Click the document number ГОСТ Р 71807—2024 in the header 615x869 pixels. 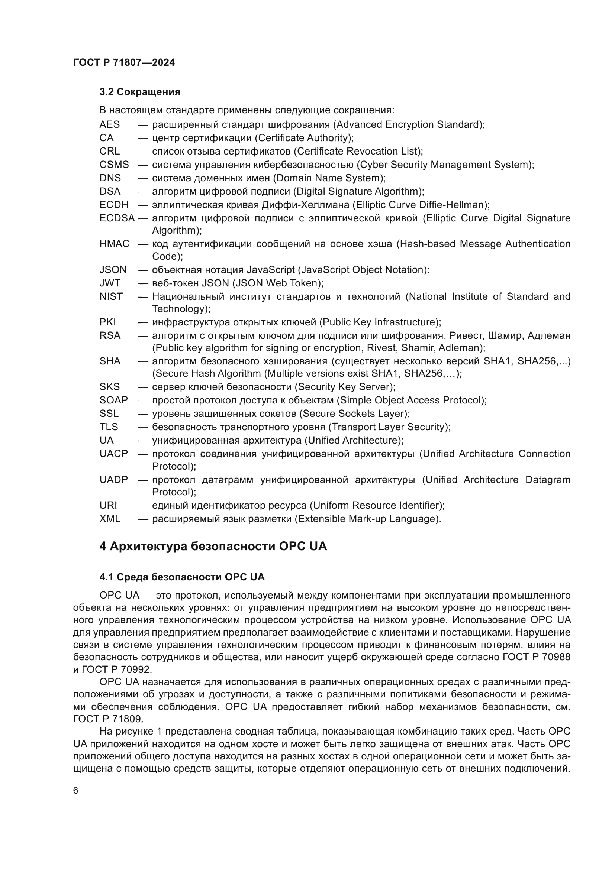pos(124,62)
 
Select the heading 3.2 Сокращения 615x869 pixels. pos(140,92)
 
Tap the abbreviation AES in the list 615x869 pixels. pos(109,124)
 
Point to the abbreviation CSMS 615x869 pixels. pos(114,165)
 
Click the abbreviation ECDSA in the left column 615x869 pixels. pos(117,218)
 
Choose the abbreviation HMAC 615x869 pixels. pos(115,244)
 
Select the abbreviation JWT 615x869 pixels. pos(110,283)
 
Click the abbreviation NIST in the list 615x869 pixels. pos(111,296)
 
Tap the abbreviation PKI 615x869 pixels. pos(107,322)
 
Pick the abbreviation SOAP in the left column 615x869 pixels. pos(114,400)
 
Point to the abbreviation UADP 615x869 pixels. pos(114,480)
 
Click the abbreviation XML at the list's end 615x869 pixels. pos(110,519)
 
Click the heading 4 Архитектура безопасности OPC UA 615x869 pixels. pos(213,547)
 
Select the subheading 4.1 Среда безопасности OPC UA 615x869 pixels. pos(182,577)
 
